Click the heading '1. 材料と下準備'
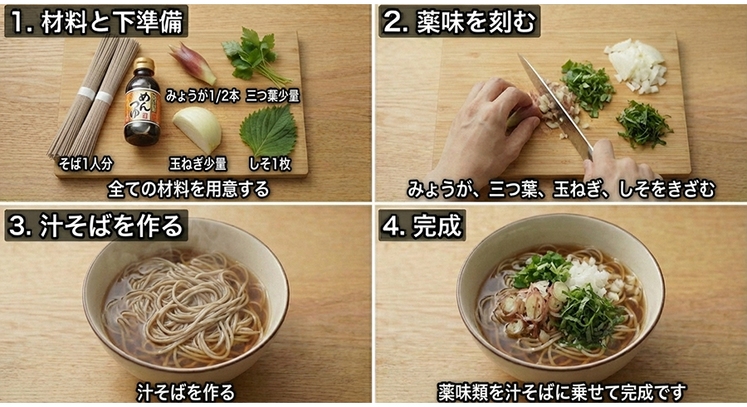pos(96,22)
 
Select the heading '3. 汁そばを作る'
pos(96,225)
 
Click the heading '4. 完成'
pos(422,225)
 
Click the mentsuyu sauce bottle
pos(142,106)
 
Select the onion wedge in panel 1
pos(198,128)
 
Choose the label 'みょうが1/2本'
pos(203,95)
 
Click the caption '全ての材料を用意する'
pos(188,189)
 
